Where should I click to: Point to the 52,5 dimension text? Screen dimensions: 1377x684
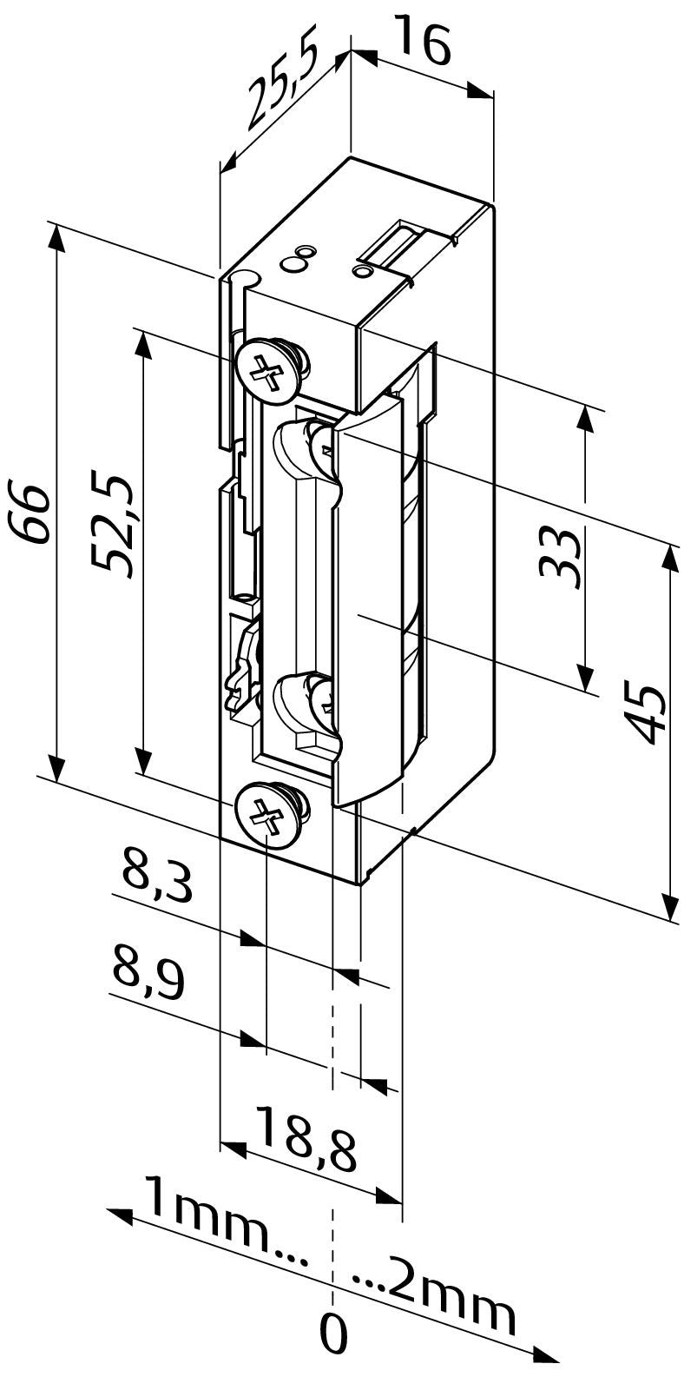click(115, 526)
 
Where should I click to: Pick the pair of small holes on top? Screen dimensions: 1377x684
click(299, 258)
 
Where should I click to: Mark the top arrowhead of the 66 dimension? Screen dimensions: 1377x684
click(56, 238)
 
